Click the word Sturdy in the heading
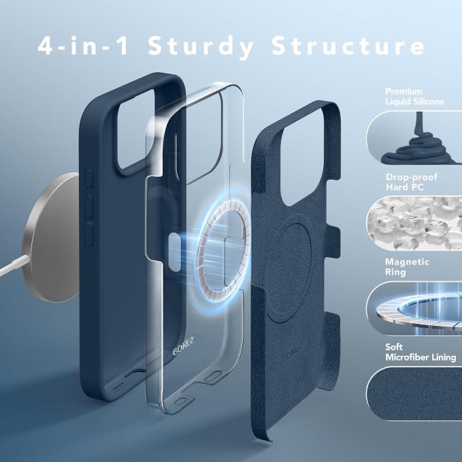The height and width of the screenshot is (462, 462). pos(201,46)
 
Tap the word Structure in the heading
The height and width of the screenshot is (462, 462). pos(348,46)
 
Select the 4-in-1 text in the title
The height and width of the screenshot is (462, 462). pos(83,46)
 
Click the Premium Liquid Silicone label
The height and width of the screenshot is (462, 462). pos(414,97)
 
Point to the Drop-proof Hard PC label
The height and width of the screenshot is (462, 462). pos(412,182)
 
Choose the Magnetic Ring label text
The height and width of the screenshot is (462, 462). pos(407,267)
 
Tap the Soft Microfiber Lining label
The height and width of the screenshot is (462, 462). pos(420,352)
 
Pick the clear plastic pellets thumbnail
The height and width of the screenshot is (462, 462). pos(414,223)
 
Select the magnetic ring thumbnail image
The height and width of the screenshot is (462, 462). pos(414,308)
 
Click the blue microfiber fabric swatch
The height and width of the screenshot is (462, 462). pos(414,394)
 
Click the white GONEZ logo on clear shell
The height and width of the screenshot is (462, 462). pos(184,346)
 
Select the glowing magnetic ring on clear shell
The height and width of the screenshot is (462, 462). pos(222,247)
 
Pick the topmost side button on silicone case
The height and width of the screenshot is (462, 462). pos(88,178)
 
